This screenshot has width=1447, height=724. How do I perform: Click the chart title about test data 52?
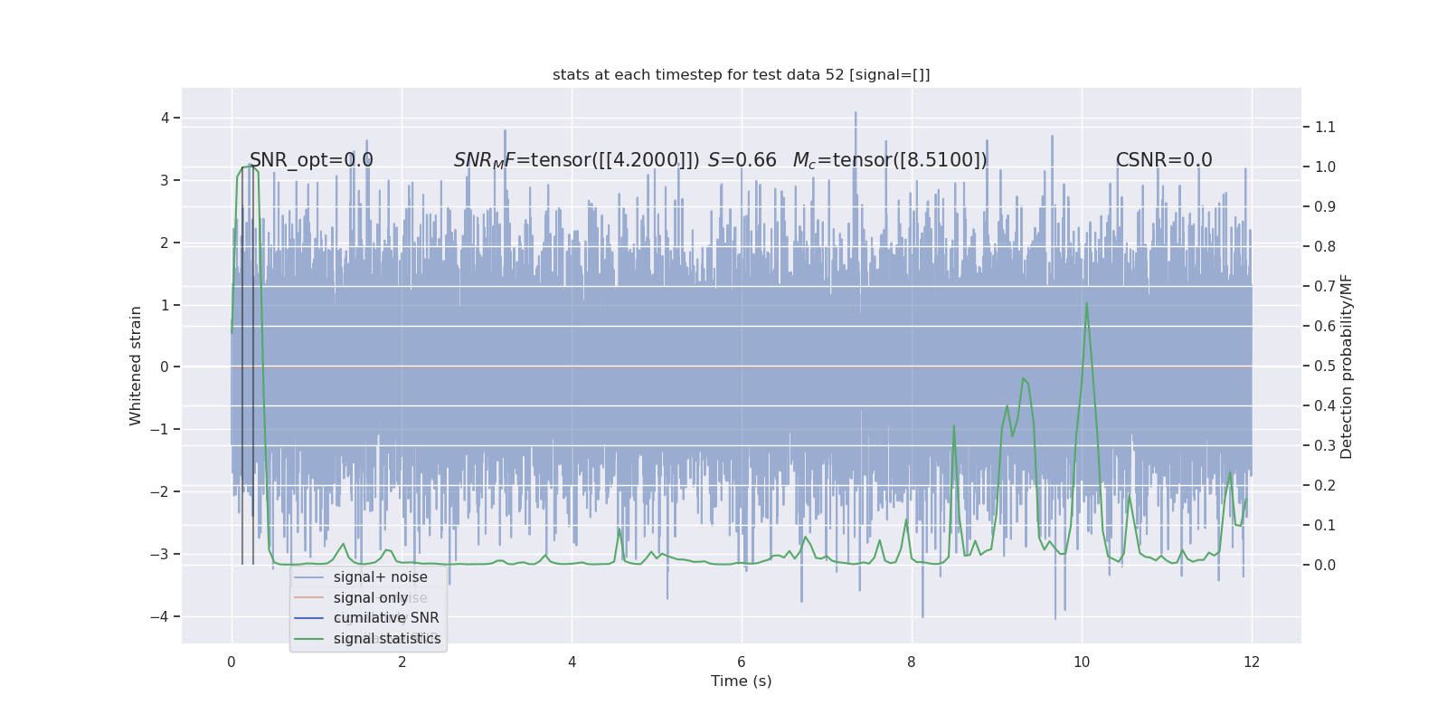click(741, 75)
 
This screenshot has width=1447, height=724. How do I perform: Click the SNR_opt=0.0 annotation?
click(311, 160)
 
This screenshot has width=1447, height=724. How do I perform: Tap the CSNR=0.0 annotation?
click(1163, 160)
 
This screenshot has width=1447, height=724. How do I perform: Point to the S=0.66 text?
click(742, 160)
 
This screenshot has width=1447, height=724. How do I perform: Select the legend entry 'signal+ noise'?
click(380, 577)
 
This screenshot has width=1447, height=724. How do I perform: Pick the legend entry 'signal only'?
click(371, 598)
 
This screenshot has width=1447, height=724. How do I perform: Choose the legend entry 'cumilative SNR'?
click(386, 618)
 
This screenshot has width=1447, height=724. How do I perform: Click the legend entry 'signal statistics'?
click(387, 639)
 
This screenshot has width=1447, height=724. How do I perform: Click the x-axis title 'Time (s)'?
click(741, 681)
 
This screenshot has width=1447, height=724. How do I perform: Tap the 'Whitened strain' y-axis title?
click(136, 366)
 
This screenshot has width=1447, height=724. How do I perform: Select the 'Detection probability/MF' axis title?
click(1347, 367)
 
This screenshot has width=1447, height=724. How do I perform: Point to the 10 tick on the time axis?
click(1082, 662)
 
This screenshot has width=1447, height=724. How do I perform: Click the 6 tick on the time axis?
click(742, 662)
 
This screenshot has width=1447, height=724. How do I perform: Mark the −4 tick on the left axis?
click(164, 617)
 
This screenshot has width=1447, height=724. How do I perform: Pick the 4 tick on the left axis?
click(165, 118)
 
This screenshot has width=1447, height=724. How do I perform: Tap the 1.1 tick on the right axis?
click(1325, 127)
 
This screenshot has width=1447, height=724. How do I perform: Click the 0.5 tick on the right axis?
click(1325, 366)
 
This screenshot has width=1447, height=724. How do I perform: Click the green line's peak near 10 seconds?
click(1086, 303)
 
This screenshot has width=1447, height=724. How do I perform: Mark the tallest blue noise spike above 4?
click(856, 113)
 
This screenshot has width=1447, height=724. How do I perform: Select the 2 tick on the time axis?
click(402, 662)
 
